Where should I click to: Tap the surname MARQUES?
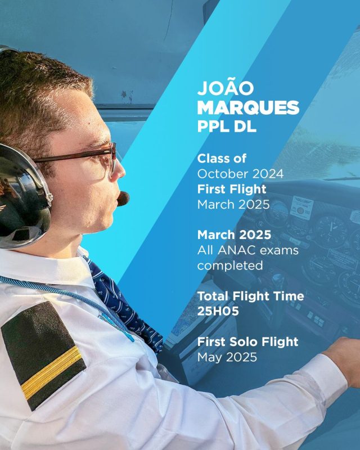(x=248, y=107)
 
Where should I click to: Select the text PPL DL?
(x=227, y=125)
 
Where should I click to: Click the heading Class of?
(x=222, y=159)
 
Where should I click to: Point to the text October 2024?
(x=240, y=174)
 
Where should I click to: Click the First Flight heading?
(x=232, y=189)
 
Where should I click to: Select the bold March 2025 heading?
(x=234, y=235)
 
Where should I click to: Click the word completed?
(x=230, y=265)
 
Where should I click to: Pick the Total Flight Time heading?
(x=250, y=296)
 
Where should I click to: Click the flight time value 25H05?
(x=218, y=311)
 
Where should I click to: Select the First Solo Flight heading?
(x=247, y=342)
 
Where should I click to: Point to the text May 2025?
(x=227, y=357)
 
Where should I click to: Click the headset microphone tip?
(x=123, y=199)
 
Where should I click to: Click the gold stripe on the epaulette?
(x=52, y=373)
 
